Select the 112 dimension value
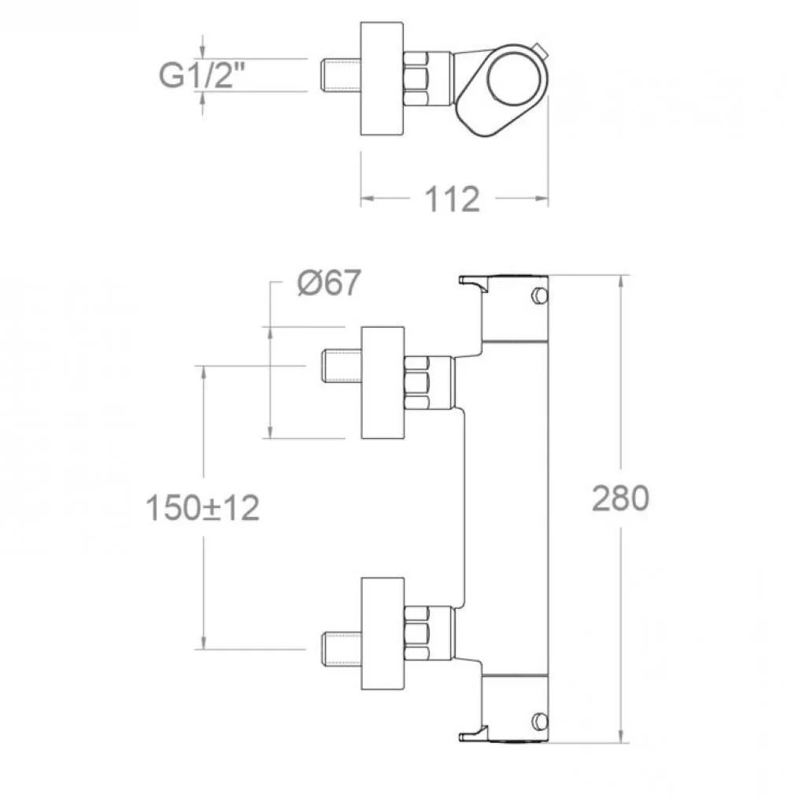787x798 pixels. pos(452,199)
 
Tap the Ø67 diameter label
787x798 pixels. pos(329,283)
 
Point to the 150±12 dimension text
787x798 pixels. pos(202,507)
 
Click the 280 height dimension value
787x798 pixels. pos(621,498)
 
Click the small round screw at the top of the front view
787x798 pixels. pos(539,295)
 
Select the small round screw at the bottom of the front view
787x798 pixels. pos(539,721)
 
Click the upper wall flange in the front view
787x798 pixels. pos(382,383)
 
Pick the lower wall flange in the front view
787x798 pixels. pos(382,633)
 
